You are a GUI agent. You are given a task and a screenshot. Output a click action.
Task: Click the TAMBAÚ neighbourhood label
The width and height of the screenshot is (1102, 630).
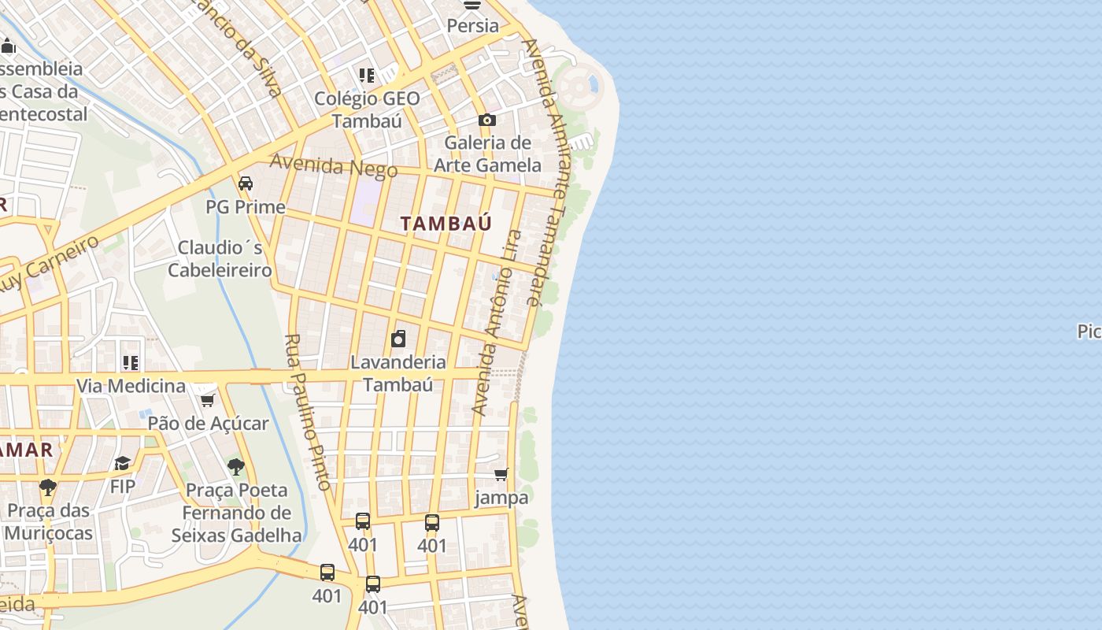click(x=446, y=224)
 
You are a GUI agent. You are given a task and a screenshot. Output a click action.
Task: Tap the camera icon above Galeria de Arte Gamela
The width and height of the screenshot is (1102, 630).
click(x=487, y=120)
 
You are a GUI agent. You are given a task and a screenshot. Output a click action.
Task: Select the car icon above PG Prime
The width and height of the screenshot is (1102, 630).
click(x=246, y=183)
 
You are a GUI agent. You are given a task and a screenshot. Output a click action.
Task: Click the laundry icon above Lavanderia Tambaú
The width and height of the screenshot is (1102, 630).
click(x=398, y=339)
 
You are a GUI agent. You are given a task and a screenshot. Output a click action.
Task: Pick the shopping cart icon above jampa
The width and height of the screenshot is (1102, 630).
click(x=501, y=474)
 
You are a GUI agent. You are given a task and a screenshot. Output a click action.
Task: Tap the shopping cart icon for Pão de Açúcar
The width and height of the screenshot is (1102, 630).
click(x=208, y=400)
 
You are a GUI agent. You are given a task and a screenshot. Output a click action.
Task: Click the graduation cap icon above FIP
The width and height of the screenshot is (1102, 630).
click(x=122, y=463)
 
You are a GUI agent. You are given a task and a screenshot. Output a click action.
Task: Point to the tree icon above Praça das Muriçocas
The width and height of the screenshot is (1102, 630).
click(x=48, y=487)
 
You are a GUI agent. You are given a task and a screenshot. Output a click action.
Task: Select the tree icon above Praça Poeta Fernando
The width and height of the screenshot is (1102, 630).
click(x=235, y=466)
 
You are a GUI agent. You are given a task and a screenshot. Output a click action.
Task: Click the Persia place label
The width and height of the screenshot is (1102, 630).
click(x=472, y=26)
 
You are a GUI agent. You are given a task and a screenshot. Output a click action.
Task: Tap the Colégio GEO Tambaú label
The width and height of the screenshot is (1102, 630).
click(x=367, y=109)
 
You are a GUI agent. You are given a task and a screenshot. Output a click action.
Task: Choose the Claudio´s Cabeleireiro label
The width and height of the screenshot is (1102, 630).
click(x=220, y=259)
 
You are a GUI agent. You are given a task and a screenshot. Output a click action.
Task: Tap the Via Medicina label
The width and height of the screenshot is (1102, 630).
click(x=131, y=386)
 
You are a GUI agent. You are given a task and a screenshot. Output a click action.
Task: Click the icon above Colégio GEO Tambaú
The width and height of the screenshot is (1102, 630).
click(x=367, y=76)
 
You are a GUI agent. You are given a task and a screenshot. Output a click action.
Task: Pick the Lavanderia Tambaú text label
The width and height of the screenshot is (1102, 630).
click(x=398, y=373)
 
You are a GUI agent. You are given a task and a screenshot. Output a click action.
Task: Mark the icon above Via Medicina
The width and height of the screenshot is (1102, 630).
click(x=131, y=363)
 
